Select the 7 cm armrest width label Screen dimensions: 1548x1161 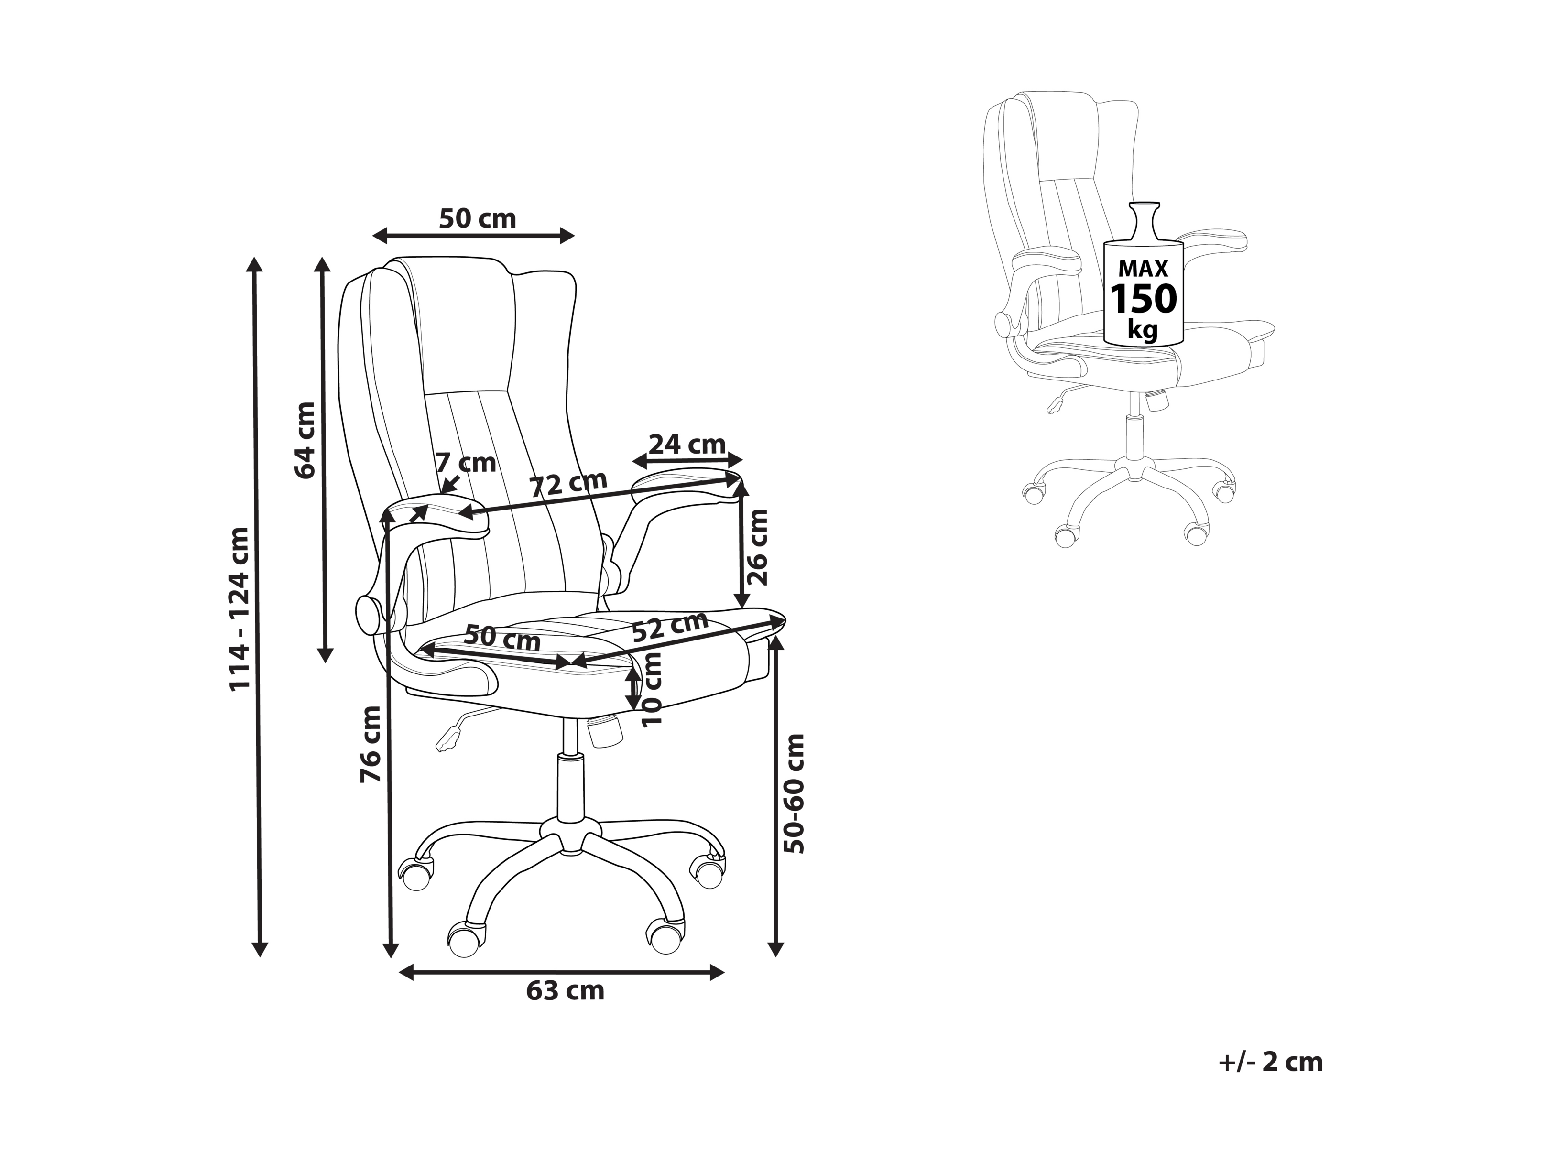[x=465, y=463]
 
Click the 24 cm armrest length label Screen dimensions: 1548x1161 [x=687, y=445]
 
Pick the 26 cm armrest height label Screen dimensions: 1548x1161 [x=757, y=547]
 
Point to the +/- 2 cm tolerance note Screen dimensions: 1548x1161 [x=1271, y=1081]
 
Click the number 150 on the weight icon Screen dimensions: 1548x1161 [x=1144, y=299]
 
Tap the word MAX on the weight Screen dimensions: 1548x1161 [x=1144, y=269]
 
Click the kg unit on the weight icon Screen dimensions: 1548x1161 [x=1143, y=328]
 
